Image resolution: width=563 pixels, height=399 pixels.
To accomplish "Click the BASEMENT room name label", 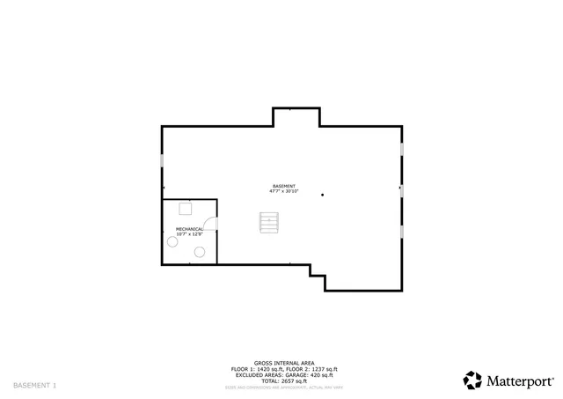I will [x=283, y=186].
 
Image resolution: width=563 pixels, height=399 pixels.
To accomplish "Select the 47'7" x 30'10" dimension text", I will [x=283, y=191].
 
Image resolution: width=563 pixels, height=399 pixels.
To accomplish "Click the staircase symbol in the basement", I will [x=268, y=223].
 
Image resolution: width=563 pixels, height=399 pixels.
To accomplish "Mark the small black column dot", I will [x=323, y=195].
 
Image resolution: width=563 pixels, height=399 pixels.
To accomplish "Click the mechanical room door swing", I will [x=209, y=225].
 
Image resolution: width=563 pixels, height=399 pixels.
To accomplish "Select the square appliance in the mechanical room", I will [x=186, y=209].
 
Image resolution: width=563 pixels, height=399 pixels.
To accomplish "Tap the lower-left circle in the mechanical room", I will [x=172, y=241].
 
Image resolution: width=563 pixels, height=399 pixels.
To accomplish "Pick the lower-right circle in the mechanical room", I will [x=200, y=252].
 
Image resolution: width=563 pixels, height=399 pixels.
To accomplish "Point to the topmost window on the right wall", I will [x=402, y=149].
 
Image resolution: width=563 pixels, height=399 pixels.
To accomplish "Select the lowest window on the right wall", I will [x=402, y=231].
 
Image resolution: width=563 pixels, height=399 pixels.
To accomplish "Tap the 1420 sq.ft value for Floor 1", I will [x=264, y=368].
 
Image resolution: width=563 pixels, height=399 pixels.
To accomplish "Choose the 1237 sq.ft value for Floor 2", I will [x=323, y=368].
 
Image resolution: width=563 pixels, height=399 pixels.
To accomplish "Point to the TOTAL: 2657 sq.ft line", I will [x=278, y=380].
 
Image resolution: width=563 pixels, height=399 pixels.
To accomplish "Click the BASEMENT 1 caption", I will [x=34, y=386].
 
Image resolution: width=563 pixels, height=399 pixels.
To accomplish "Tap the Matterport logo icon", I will [x=473, y=380].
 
